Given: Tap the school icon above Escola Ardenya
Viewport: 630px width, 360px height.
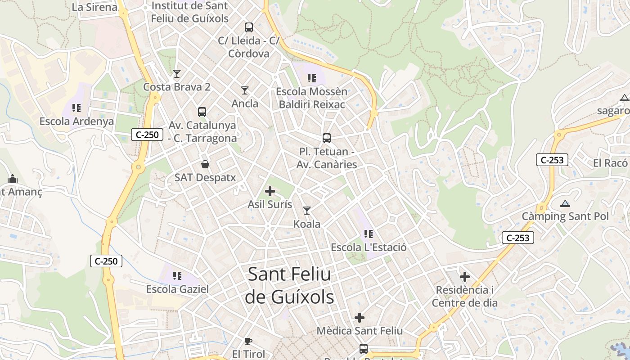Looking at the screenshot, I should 76,108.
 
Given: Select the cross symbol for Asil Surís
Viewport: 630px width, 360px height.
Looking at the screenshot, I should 270,192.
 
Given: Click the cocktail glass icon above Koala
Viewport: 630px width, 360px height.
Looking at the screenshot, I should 307,211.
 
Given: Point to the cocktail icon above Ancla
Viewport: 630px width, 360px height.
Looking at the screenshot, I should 245,90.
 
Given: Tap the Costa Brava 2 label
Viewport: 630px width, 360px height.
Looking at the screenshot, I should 177,87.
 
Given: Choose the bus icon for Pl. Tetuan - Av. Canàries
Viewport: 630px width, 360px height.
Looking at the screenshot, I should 327,138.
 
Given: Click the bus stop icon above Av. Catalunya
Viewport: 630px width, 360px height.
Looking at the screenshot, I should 202,112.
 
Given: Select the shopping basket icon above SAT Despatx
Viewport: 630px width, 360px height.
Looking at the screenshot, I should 205,164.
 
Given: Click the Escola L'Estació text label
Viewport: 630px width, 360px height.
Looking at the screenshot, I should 369,247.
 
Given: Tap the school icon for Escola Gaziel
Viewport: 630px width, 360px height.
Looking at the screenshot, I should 177,275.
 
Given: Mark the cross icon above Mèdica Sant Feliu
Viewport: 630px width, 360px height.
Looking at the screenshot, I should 360,318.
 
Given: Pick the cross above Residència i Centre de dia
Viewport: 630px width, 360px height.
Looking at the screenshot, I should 465,277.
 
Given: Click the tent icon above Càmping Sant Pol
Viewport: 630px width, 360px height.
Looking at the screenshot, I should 565,203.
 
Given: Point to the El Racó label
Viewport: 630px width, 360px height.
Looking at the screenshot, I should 610,163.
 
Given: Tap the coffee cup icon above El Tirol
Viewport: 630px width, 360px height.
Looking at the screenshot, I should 248,341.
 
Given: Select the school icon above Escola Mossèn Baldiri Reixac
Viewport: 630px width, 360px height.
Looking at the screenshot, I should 312,78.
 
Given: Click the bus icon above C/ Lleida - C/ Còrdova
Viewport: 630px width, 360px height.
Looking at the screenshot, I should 249,27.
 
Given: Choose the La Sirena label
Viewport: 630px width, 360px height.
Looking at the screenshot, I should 94,7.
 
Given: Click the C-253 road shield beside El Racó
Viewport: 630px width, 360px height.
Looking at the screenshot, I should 552,160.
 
